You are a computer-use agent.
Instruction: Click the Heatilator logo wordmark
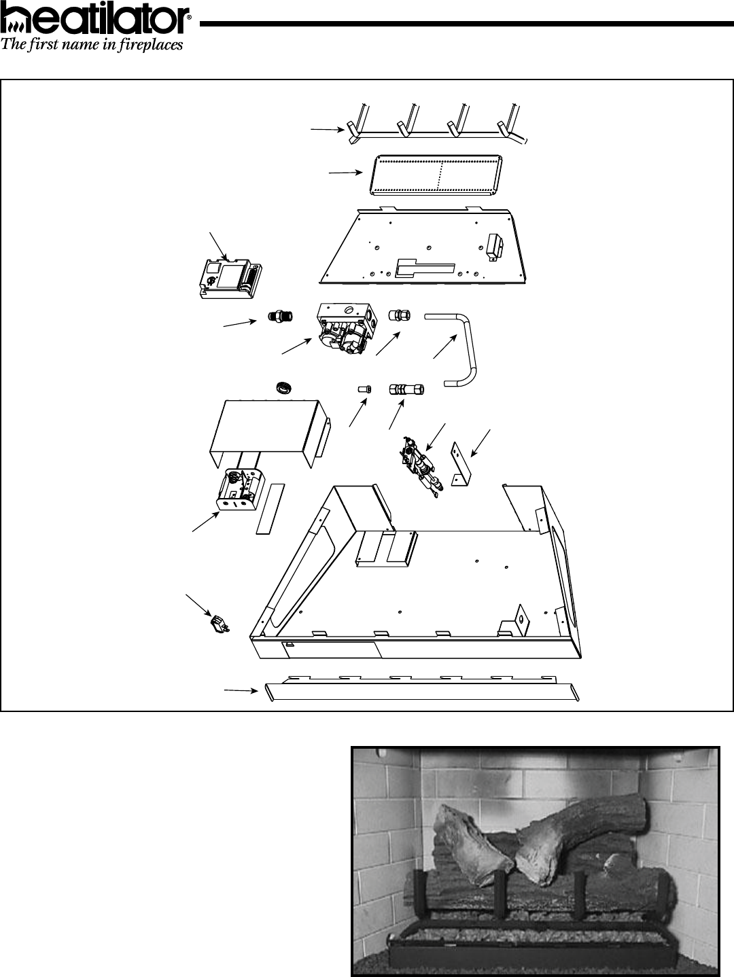[x=95, y=22]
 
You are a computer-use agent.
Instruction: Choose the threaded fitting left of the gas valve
[x=279, y=316]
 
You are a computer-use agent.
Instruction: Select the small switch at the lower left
[x=218, y=624]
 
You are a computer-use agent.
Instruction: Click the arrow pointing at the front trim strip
[x=241, y=690]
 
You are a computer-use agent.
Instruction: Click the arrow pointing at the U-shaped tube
[x=444, y=347]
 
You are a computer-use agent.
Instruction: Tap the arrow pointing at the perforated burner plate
[x=345, y=173]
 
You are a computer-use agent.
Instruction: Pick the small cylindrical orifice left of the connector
[x=364, y=389]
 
